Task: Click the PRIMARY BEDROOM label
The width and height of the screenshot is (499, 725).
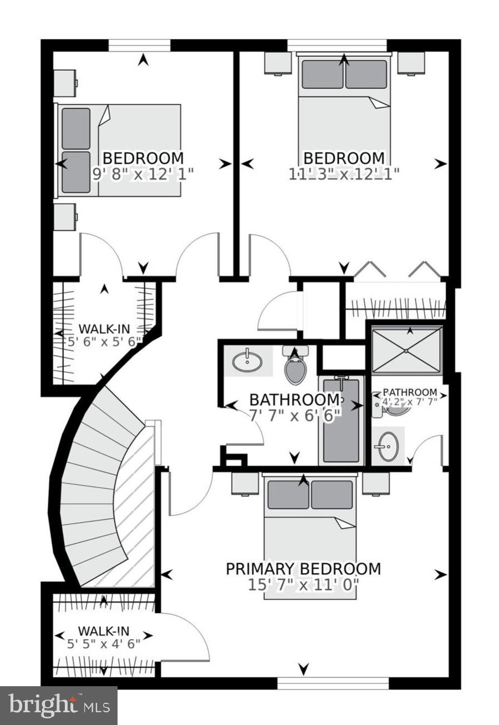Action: [x=303, y=569]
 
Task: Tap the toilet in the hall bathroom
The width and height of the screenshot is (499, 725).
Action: [x=295, y=367]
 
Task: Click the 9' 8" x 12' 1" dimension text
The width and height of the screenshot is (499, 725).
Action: [x=143, y=173]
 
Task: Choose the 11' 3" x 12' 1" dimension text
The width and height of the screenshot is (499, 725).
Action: [x=344, y=173]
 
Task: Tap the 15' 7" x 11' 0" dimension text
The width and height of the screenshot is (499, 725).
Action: [x=303, y=584]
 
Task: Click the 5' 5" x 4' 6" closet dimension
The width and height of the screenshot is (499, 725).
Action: [x=104, y=644]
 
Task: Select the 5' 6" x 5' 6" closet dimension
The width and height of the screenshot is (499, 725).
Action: [x=104, y=342]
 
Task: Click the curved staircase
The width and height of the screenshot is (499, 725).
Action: [x=94, y=488]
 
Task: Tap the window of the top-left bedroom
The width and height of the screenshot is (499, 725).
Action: [x=139, y=45]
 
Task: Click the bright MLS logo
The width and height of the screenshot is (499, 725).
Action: [x=58, y=706]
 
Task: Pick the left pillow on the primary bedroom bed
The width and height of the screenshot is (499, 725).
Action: [x=288, y=494]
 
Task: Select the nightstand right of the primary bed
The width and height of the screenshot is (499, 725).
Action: [x=375, y=482]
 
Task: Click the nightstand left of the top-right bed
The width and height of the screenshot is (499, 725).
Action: [x=278, y=63]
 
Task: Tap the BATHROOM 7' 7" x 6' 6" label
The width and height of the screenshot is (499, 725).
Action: [x=294, y=406]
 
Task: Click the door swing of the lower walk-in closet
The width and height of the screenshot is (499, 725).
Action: [x=186, y=637]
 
